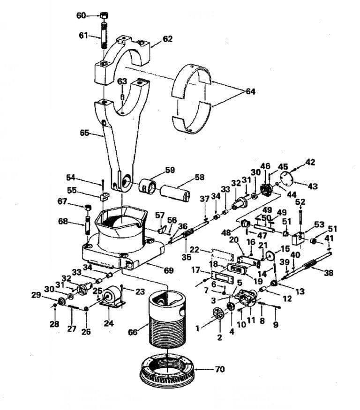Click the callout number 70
[x=220, y=369]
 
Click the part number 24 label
[x=109, y=323]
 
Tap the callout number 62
[x=167, y=39]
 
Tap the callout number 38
[x=329, y=273]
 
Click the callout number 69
[x=168, y=270]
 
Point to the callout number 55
[x=72, y=190]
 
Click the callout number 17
[x=195, y=270]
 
